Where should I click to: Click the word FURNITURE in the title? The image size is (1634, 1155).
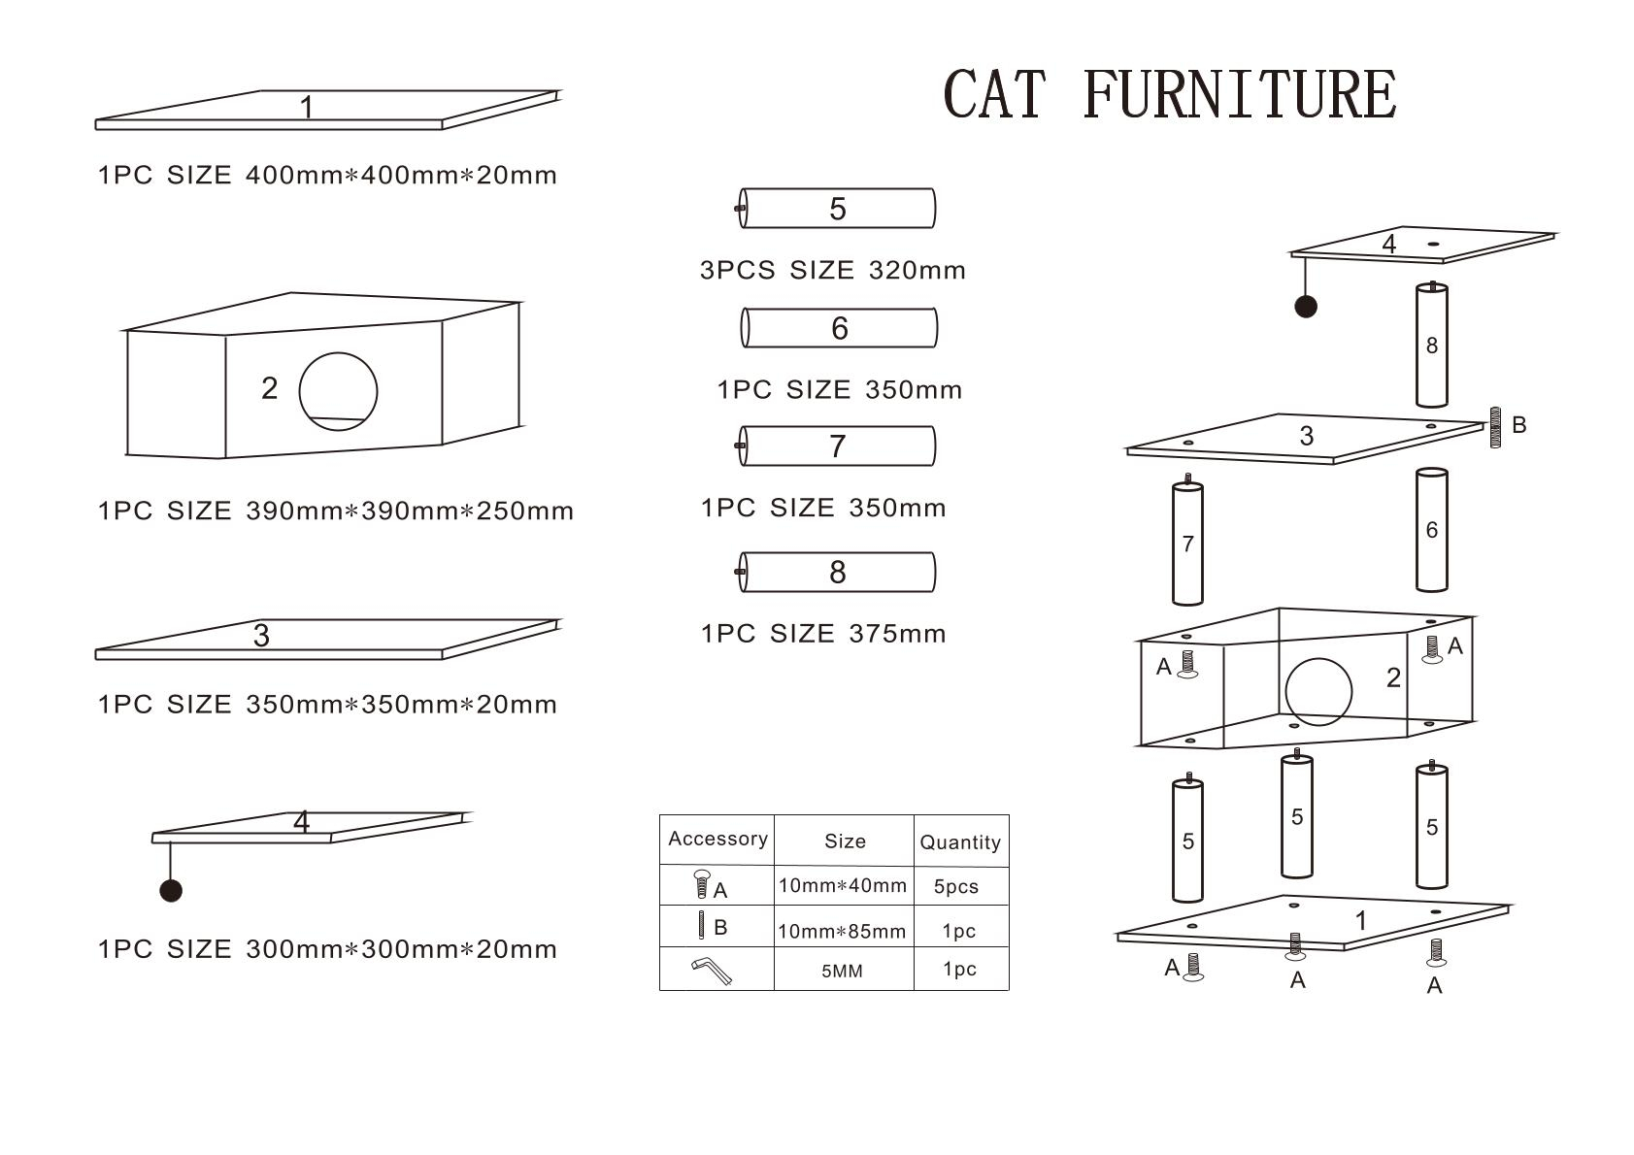pos(1239,95)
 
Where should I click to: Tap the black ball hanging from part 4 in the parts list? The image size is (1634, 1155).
pos(171,890)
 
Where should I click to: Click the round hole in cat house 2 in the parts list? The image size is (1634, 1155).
pos(338,391)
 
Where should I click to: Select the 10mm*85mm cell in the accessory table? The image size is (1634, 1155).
pos(842,931)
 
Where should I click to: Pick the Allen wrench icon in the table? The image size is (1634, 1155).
pos(712,970)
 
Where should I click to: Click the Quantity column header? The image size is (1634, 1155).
pos(960,842)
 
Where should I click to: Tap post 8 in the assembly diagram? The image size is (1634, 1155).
pos(1431,346)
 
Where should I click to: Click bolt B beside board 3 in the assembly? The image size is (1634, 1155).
pos(1495,427)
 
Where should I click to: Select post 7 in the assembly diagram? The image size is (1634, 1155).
pos(1187,544)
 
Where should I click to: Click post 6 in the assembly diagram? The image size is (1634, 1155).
pos(1431,530)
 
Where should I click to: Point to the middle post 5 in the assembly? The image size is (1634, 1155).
pos(1297,817)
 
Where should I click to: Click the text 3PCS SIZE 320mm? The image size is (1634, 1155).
pos(833,270)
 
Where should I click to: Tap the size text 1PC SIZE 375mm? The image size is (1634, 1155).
pos(823,634)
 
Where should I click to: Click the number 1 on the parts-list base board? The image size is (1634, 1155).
pos(307,107)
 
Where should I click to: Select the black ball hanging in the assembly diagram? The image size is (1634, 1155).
pos(1306,307)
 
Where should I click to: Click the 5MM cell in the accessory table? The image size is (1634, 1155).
pos(842,971)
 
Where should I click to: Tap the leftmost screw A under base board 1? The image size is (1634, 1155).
pos(1193,967)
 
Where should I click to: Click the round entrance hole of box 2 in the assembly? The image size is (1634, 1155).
pos(1317,691)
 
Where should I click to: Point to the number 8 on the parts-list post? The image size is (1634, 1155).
pos(838,573)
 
